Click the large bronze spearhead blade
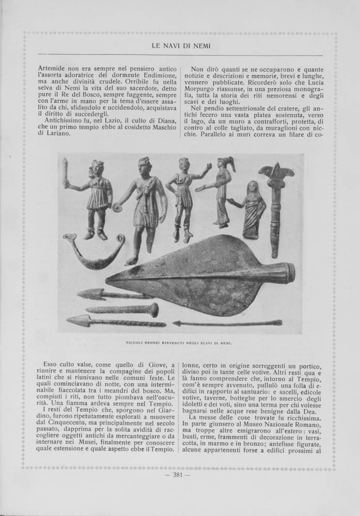[196, 276]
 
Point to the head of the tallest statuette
[144, 168]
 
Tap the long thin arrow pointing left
[227, 323]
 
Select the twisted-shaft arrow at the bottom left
[114, 321]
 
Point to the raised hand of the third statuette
[208, 167]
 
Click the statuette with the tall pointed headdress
[222, 191]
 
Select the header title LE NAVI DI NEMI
[181, 46]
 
